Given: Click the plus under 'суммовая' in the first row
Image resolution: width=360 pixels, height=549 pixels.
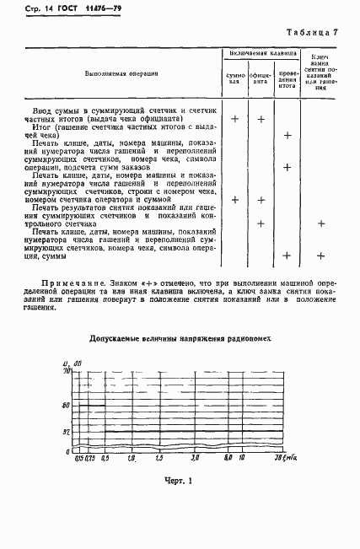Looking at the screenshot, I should tap(235, 119).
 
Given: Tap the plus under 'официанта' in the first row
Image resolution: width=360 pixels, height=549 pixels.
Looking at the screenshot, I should tap(261, 119).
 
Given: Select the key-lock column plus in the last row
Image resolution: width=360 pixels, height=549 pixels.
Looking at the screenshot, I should tap(321, 256).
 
